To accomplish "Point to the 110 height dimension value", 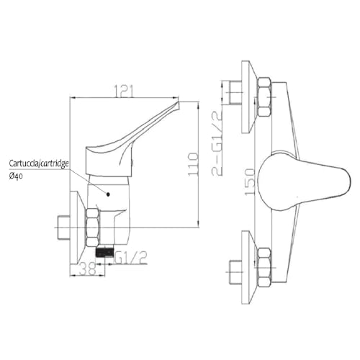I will click(x=209, y=163).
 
